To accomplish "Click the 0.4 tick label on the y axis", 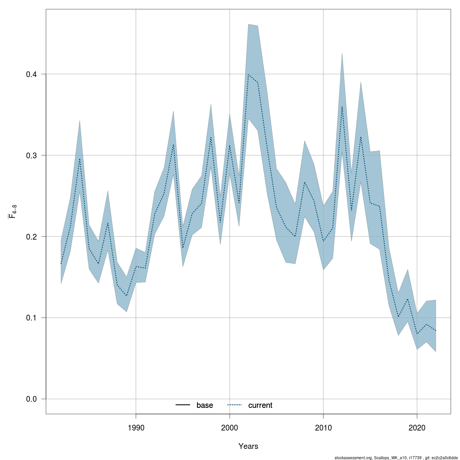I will [x=31, y=74].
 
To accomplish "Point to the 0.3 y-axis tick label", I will [x=31, y=155].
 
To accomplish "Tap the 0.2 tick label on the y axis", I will [x=31, y=237].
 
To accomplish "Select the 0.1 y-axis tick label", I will [x=31, y=318].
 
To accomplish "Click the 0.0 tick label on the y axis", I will [x=31, y=399].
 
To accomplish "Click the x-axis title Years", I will [x=248, y=446].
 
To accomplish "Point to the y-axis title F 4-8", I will [x=12, y=212].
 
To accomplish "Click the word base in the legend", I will [x=205, y=405].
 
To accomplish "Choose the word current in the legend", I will [x=260, y=405].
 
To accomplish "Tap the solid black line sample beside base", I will [x=183, y=405].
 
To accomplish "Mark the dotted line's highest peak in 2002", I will [x=248, y=74].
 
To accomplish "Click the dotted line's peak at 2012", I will [x=342, y=106].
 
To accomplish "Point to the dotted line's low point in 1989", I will [x=127, y=296].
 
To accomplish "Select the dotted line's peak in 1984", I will [x=80, y=158].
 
